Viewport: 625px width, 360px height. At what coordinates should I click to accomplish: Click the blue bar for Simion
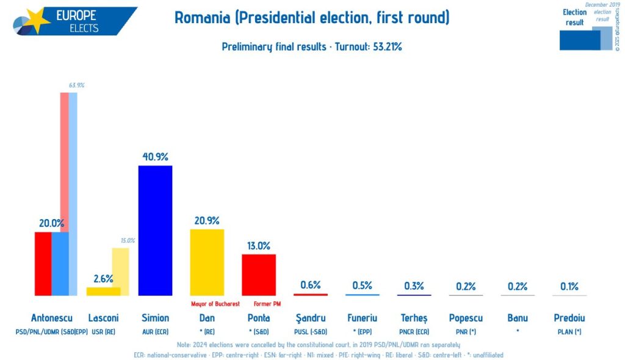point(155,230)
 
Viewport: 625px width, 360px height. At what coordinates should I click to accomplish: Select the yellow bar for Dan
point(207,262)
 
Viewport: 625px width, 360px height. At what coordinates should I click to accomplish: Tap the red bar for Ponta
point(259,275)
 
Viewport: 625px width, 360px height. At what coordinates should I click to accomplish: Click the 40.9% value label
point(155,157)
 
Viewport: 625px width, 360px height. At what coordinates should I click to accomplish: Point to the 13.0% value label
point(259,246)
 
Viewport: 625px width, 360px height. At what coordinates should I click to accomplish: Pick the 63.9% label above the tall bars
point(76,85)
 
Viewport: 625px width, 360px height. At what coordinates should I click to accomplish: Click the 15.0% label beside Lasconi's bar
point(127,241)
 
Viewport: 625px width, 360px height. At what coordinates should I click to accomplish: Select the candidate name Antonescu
point(51,318)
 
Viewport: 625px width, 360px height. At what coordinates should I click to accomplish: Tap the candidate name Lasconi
point(103,318)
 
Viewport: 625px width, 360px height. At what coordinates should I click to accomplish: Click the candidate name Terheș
point(414,318)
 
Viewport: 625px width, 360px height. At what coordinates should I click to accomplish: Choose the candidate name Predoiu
point(569,318)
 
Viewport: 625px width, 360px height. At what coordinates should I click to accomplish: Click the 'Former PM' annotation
point(267,304)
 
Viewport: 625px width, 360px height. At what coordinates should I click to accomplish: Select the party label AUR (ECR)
point(155,332)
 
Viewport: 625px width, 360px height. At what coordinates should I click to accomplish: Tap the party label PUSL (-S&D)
point(311,332)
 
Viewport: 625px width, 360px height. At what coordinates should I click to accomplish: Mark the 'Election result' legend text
point(574,17)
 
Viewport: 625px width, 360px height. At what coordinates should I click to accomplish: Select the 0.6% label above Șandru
point(310,285)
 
